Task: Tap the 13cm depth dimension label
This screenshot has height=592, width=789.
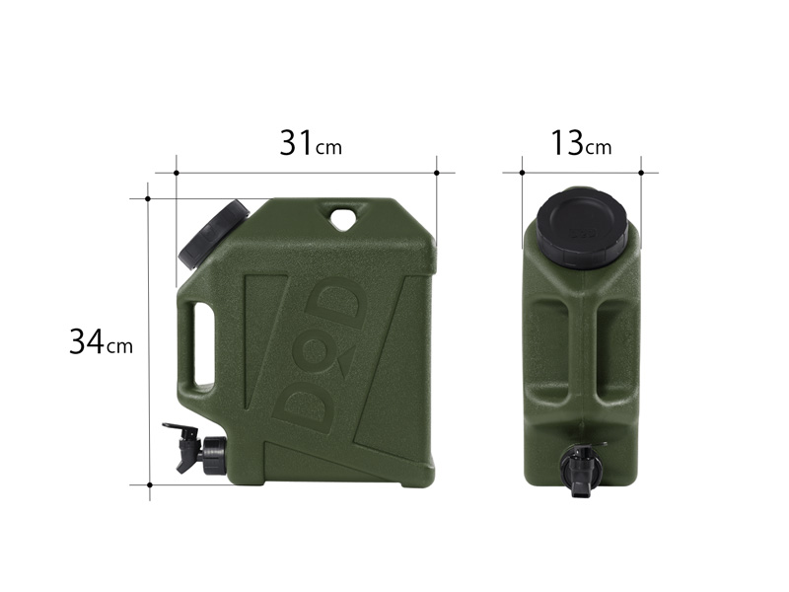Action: [x=581, y=143]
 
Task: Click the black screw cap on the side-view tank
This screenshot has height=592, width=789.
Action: [x=213, y=233]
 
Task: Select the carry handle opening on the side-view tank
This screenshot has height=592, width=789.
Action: [x=204, y=345]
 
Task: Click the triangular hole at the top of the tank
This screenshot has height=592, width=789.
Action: [x=343, y=217]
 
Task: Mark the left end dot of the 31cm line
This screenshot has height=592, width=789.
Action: [x=176, y=173]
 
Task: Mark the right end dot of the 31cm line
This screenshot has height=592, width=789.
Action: [x=436, y=173]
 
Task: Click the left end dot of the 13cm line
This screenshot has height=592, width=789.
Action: [x=522, y=173]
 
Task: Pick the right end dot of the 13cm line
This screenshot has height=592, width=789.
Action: [x=641, y=173]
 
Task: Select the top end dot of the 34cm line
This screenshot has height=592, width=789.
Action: [x=148, y=198]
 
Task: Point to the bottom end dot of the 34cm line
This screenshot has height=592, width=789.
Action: [x=148, y=484]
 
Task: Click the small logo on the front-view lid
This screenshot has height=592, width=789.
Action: [x=582, y=236]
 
